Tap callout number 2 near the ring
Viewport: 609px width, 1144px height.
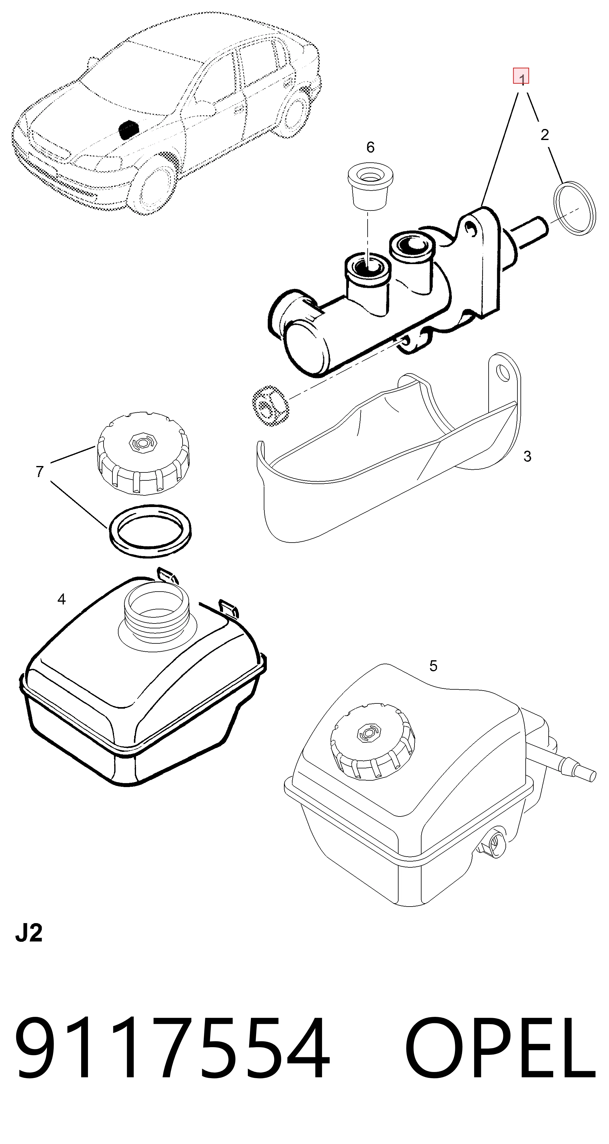tap(545, 134)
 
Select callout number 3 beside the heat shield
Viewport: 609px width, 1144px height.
tap(527, 456)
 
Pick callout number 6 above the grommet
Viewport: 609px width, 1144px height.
tap(370, 147)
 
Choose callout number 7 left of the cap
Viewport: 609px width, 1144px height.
tap(40, 472)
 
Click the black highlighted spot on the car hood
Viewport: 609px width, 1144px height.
tap(128, 128)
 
